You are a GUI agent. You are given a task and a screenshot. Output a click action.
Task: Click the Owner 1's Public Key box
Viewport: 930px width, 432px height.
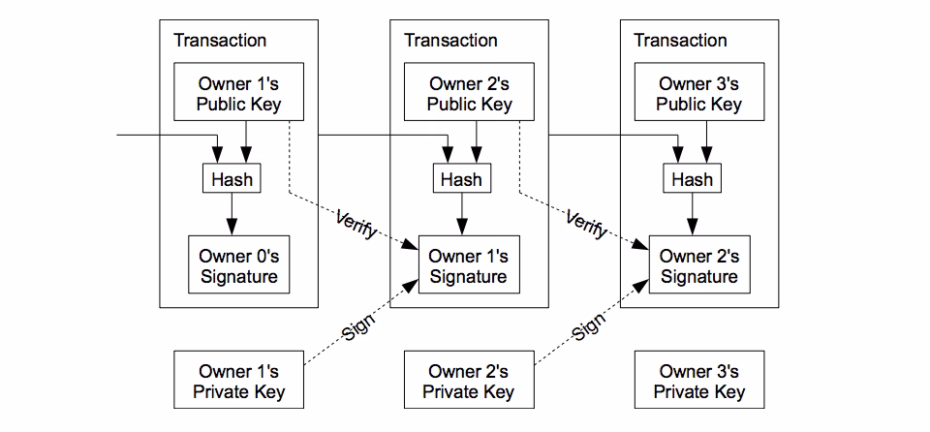tap(238, 94)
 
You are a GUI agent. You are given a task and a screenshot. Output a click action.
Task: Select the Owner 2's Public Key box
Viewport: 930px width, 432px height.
tap(469, 94)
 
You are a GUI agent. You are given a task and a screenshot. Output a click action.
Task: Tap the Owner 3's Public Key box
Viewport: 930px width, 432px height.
tap(698, 94)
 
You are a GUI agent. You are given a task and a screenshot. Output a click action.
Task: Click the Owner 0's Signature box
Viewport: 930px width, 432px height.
tap(238, 266)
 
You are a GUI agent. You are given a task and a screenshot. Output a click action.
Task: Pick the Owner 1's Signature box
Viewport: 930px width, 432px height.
tap(469, 266)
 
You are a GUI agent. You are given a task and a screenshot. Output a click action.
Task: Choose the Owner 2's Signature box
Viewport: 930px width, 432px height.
tap(698, 266)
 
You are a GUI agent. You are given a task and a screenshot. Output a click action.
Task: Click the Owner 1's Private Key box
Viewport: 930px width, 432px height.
tap(238, 382)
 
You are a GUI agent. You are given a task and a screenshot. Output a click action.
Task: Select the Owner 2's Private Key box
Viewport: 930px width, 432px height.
tap(469, 382)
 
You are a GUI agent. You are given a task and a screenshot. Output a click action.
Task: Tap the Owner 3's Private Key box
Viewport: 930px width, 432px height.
tap(698, 382)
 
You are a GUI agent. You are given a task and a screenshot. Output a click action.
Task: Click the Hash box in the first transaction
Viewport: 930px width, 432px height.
tap(232, 179)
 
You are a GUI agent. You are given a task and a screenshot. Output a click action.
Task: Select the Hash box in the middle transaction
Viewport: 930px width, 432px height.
tap(461, 179)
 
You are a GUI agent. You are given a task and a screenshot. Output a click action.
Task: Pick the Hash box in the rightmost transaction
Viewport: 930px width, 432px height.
tap(692, 179)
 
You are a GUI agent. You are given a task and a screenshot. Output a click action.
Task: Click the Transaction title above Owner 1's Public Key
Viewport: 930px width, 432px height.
tap(220, 41)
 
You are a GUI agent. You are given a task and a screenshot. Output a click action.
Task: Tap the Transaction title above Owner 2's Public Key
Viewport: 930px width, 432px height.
tap(450, 41)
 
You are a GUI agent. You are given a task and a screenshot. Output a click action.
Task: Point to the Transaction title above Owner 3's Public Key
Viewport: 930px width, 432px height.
tap(680, 41)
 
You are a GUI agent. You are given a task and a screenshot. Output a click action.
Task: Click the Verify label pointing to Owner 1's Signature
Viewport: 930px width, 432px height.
tap(356, 224)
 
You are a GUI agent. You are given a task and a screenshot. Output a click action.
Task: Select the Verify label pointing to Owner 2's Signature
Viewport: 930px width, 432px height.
tap(586, 224)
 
